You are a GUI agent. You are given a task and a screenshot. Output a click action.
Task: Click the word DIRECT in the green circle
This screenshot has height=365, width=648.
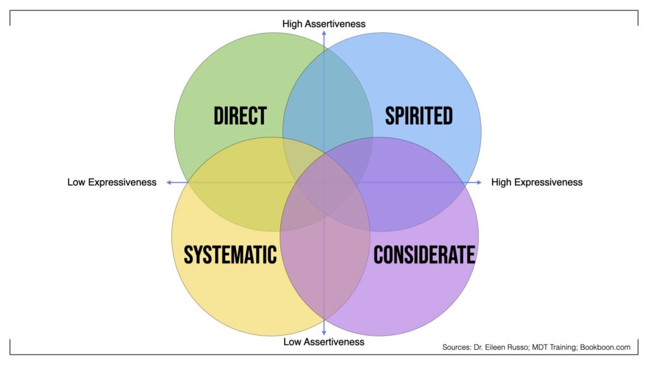pyautogui.click(x=240, y=116)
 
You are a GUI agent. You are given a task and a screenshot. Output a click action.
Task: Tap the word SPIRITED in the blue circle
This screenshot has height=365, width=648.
pyautogui.click(x=419, y=116)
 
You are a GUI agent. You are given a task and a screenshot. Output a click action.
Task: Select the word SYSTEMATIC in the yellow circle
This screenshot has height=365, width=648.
pyautogui.click(x=230, y=254)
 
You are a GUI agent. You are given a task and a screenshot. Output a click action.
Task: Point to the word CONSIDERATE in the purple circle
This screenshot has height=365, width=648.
pyautogui.click(x=424, y=254)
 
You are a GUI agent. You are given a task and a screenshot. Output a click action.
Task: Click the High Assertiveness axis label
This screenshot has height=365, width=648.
pyautogui.click(x=324, y=24)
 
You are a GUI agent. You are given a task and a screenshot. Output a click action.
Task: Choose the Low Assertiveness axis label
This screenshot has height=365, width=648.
pyautogui.click(x=324, y=342)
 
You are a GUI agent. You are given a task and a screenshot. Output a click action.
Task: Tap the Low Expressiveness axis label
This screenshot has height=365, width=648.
pyautogui.click(x=112, y=182)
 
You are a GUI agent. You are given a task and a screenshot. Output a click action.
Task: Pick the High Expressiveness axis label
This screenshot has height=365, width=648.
pyautogui.click(x=537, y=182)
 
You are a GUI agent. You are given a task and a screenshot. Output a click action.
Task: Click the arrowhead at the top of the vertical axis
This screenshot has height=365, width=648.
pyautogui.click(x=324, y=32)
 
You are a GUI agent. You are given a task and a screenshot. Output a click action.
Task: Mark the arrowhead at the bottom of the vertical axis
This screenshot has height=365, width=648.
pyautogui.click(x=324, y=332)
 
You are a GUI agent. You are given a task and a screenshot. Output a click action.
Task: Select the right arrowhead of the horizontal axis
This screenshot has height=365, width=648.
pyautogui.click(x=479, y=182)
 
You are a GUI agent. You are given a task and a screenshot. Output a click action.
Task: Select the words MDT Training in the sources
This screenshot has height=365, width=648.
pyautogui.click(x=560, y=347)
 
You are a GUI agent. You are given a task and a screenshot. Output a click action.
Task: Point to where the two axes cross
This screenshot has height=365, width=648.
pyautogui.click(x=324, y=182)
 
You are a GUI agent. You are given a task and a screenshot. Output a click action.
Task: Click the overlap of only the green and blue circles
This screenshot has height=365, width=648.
pyautogui.click(x=327, y=101)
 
